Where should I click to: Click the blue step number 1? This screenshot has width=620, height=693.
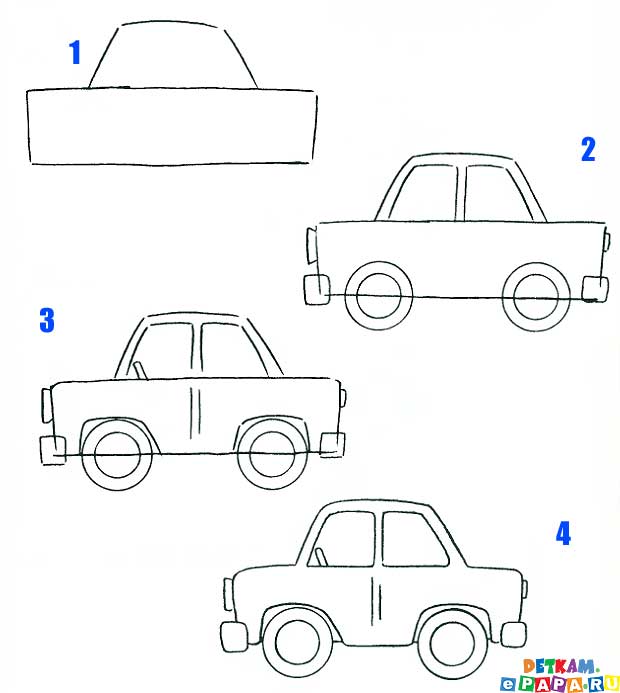75,52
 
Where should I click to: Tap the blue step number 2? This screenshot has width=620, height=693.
588,149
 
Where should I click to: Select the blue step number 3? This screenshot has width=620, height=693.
47,320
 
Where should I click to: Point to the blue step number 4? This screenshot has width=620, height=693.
563,533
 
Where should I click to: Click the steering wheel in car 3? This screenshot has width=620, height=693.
141,370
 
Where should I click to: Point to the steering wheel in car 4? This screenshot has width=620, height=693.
321,557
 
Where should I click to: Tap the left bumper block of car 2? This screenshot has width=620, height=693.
316,289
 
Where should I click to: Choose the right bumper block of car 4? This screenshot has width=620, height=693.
513,635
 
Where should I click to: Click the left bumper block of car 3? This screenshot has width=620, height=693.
53,450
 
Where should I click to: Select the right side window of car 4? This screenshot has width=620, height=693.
413,539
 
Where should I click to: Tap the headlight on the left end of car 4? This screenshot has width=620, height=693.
228,594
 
